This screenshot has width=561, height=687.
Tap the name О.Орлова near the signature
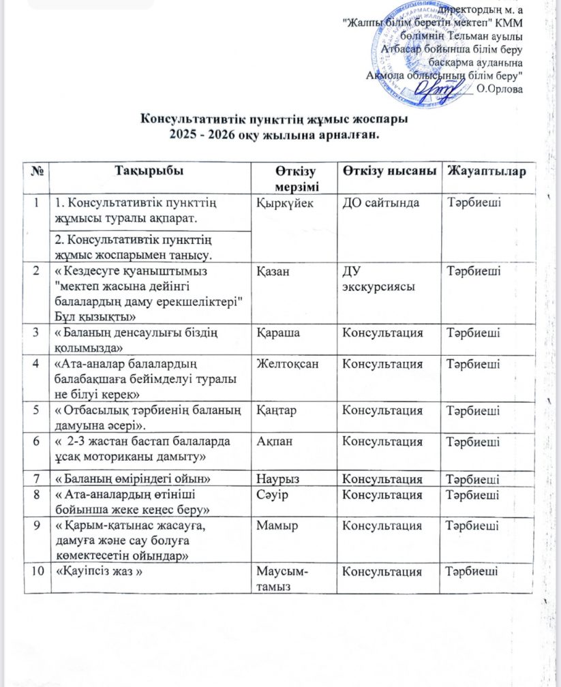[x=500, y=87]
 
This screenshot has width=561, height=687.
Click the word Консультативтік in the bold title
[x=187, y=119]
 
